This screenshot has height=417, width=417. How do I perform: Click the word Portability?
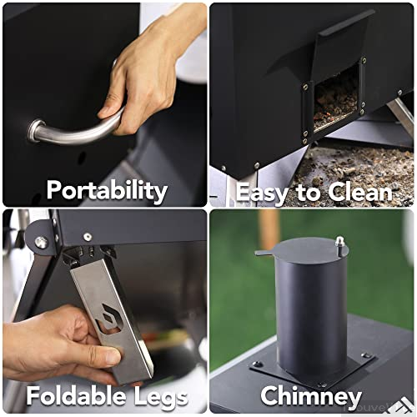click(106, 190)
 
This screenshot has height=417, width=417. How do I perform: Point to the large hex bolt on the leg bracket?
click(40, 242)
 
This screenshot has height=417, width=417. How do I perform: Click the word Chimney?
click(311, 395)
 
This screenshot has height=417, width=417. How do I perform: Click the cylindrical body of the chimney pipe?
click(310, 309)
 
